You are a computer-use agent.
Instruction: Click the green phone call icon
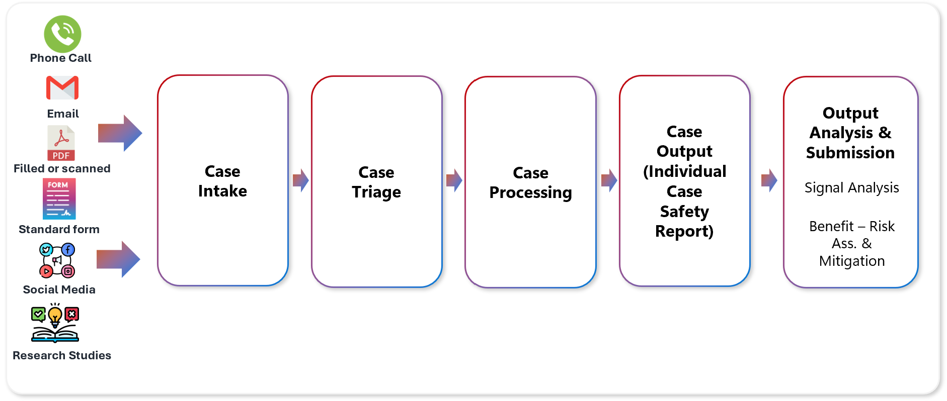[x=62, y=34]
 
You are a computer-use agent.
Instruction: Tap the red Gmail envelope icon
[x=62, y=88]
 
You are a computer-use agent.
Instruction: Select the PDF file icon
[x=61, y=143]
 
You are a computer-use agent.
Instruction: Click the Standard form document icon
[x=59, y=198]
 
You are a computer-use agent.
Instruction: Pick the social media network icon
[x=57, y=260]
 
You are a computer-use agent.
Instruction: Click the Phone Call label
[x=60, y=58]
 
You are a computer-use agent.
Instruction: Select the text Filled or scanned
[x=62, y=168]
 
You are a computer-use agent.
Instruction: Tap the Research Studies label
[x=61, y=355]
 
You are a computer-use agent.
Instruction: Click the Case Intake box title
[x=222, y=181]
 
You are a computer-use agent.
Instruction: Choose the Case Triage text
[x=376, y=182]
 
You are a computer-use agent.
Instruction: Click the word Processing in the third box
[x=530, y=192]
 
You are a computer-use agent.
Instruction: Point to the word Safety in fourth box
[x=684, y=211]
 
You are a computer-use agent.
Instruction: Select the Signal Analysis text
[x=851, y=187]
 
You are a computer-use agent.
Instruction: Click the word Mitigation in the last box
[x=851, y=261]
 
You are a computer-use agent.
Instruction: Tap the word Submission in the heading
[x=850, y=153]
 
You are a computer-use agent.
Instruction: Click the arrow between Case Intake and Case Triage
[x=300, y=180]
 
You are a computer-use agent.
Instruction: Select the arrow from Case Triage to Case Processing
[x=454, y=180]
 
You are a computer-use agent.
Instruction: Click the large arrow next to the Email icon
[x=120, y=133]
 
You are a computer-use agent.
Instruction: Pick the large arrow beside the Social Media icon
[x=119, y=259]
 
